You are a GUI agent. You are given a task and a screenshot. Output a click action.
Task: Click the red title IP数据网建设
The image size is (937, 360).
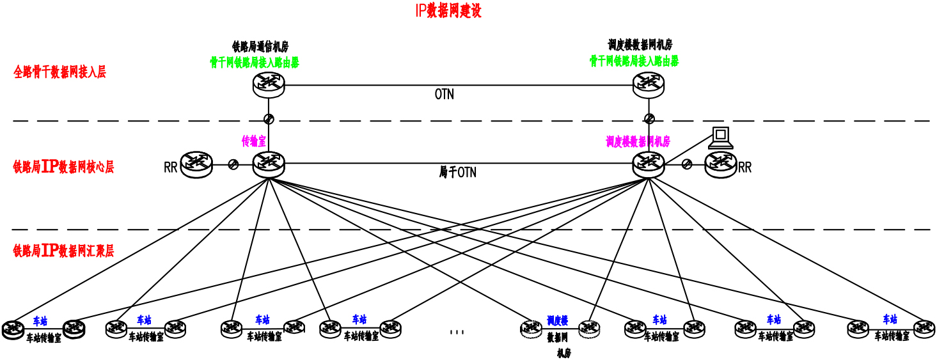tap(448, 11)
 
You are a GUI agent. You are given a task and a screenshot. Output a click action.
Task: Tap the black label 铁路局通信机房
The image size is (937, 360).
tap(260, 47)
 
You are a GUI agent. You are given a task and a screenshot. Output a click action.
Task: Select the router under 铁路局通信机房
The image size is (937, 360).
tap(268, 84)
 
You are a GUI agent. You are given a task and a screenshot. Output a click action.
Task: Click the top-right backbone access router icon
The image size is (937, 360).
tap(649, 84)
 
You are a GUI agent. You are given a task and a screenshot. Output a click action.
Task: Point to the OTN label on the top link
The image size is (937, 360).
tap(445, 95)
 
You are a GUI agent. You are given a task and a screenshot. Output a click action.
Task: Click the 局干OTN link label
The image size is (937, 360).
tap(457, 172)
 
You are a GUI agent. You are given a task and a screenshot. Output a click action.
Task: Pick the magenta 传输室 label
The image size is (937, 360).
tap(253, 141)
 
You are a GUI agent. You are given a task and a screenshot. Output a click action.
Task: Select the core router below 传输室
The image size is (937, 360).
tap(268, 164)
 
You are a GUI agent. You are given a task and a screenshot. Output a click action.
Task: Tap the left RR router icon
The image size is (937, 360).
tap(196, 164)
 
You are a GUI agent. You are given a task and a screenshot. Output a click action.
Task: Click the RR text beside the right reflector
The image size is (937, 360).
tap(745, 168)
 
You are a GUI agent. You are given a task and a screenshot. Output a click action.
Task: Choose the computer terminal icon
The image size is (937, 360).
tap(721, 137)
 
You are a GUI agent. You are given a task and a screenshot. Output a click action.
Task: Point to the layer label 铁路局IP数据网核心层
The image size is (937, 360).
tap(63, 168)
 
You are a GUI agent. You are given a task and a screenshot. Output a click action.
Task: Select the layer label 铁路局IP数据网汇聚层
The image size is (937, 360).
tap(63, 251)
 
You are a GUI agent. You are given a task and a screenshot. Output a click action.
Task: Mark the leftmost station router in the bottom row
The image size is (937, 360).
tap(12, 329)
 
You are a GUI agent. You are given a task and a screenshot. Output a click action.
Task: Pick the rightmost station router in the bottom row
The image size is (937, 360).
tap(924, 329)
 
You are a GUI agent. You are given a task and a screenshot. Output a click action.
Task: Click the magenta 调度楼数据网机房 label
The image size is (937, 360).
tap(638, 141)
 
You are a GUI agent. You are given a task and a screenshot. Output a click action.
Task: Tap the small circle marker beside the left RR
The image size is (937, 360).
tap(233, 165)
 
